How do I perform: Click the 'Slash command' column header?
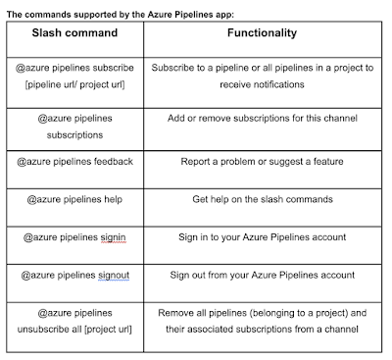(x=74, y=32)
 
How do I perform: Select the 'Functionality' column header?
(x=262, y=32)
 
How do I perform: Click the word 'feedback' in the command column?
(x=114, y=161)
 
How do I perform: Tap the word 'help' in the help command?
(x=113, y=199)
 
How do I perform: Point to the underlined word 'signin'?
(x=113, y=237)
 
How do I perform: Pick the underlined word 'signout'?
(x=114, y=276)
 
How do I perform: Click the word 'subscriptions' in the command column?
(x=74, y=135)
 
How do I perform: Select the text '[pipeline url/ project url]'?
(x=74, y=84)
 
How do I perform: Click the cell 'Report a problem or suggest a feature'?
(x=262, y=162)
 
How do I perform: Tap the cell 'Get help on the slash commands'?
(x=263, y=199)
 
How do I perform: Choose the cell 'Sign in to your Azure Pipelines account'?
(x=262, y=237)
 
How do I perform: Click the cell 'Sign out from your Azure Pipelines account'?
(x=262, y=276)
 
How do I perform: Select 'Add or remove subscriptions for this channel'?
(x=263, y=118)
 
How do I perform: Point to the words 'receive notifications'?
(x=262, y=84)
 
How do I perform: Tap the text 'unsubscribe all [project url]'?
(x=74, y=330)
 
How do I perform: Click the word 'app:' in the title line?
(x=225, y=15)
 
